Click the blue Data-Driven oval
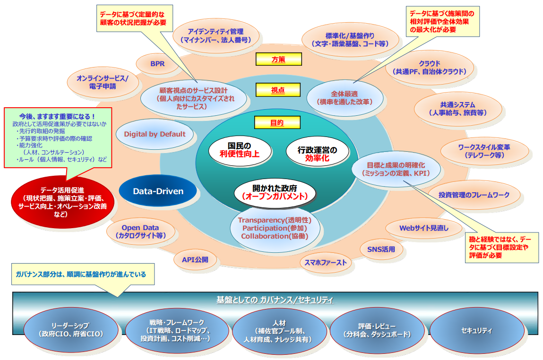coord(158,191)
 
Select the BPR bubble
coord(157,63)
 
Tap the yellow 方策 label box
coord(278,59)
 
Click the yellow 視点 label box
coord(278,89)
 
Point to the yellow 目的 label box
coord(277,123)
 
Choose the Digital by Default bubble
coord(155,134)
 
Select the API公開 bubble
coord(195,259)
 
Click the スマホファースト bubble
coord(325,263)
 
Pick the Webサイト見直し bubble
coord(424,228)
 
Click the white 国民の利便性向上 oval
coord(240,149)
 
